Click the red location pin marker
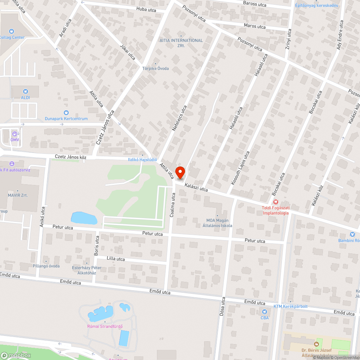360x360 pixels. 180,172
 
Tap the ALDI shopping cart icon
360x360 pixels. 25,91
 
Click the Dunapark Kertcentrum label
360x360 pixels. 66,118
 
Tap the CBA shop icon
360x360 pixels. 265,312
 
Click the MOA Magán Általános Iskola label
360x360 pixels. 214,223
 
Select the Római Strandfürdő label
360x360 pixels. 105,327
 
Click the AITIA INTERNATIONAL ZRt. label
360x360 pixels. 181,43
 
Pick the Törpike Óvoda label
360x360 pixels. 156,68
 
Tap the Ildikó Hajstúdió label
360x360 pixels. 143,159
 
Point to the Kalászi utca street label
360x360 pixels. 196,187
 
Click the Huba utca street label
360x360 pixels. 146,10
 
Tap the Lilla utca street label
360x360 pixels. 116,259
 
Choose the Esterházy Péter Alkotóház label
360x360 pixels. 87,270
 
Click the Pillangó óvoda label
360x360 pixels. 46,266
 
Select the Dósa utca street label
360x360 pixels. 222,306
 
